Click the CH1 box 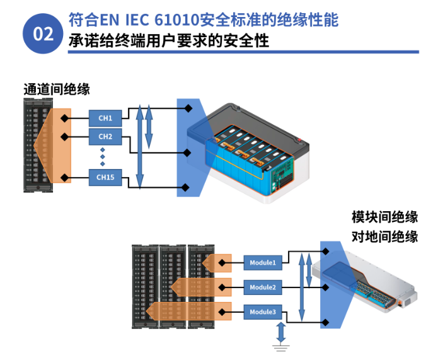[x=106, y=118]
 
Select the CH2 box [x=106, y=137]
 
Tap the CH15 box [x=106, y=178]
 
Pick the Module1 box [x=262, y=262]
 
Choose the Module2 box [x=262, y=287]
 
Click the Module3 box [x=262, y=312]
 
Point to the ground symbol [x=280, y=344]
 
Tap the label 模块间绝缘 [x=384, y=218]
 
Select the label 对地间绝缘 [x=384, y=238]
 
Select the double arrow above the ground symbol [x=280, y=331]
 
